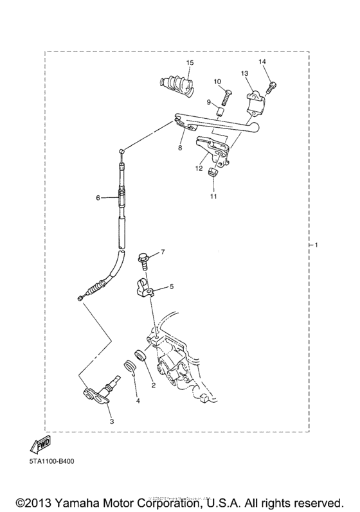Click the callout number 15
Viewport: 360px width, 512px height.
point(190,62)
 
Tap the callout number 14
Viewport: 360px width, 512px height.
point(262,62)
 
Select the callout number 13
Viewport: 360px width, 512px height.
point(244,75)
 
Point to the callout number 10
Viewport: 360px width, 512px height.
point(217,82)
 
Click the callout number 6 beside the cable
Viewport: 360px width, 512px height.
point(98,198)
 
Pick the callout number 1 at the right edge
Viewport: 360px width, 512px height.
point(316,245)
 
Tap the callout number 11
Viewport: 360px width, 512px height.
point(213,197)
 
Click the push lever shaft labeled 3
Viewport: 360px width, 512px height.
point(103,388)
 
